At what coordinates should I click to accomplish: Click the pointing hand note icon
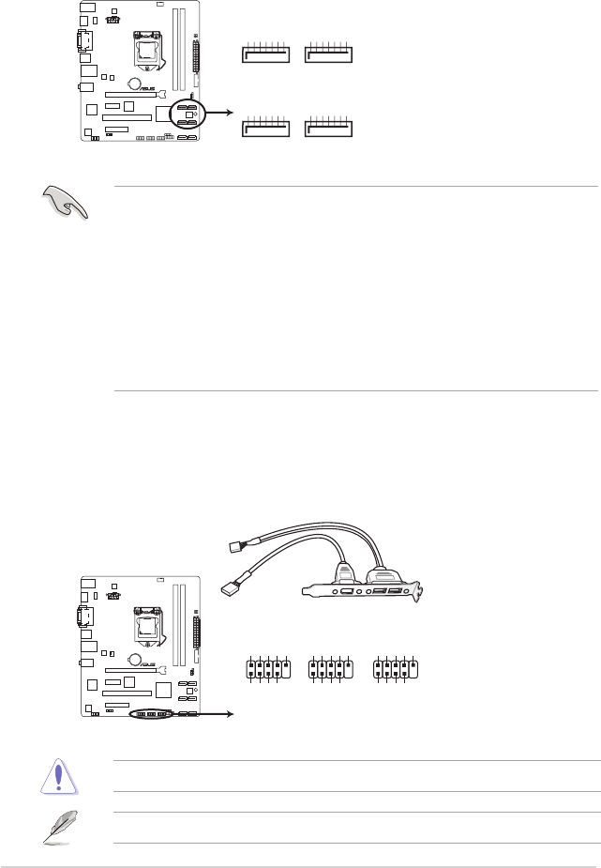click(x=67, y=200)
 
